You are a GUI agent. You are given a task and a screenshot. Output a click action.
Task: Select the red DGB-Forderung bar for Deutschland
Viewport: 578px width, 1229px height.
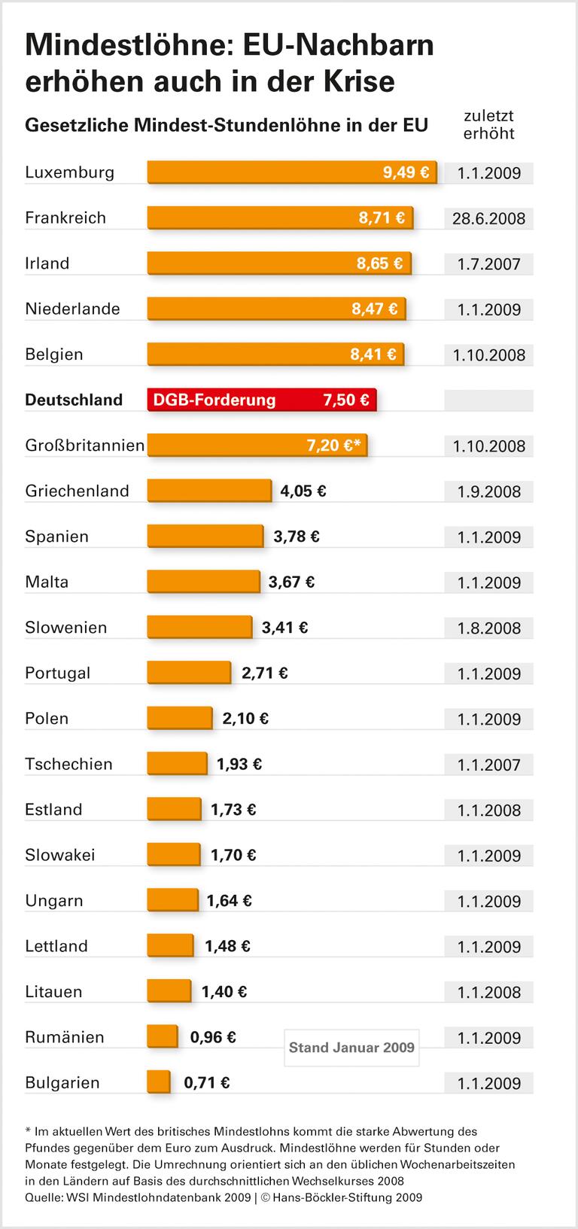pos(261,400)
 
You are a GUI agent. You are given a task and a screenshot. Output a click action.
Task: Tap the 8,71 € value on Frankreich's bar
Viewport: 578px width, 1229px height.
pos(382,218)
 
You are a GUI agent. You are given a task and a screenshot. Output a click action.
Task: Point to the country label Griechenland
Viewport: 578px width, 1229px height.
pos(77,491)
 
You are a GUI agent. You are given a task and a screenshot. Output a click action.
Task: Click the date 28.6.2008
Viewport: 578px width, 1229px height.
pos(488,219)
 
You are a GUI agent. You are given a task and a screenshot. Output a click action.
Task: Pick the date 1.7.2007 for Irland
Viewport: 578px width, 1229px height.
pos(488,264)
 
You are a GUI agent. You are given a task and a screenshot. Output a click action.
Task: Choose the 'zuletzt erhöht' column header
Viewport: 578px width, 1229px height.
pos(488,125)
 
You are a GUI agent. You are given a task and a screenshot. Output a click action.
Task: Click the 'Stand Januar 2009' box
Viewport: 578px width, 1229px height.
pos(351,1048)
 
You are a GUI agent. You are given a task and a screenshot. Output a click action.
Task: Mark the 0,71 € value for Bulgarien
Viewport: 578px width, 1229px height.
pos(207,1083)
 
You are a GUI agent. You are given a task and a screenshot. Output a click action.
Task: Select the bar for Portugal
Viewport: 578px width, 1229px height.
pos(189,673)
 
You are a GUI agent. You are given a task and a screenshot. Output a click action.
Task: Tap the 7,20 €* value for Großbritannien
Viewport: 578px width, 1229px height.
pos(333,446)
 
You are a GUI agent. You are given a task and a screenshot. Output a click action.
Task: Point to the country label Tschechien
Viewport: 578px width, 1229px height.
pos(68,764)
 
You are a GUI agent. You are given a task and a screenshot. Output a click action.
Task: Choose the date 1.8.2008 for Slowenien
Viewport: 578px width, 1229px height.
pos(488,628)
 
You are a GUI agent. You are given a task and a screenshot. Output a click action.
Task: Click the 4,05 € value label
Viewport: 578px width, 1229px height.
pos(303,491)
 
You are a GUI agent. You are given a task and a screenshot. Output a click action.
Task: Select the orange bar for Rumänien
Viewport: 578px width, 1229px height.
pos(162,1037)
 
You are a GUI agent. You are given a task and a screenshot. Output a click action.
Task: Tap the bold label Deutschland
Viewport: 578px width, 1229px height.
pos(74,400)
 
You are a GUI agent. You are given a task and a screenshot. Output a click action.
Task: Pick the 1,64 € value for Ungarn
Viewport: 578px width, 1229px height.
pos(230,901)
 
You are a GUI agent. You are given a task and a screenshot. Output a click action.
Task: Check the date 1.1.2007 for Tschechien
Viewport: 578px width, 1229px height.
pos(488,765)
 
